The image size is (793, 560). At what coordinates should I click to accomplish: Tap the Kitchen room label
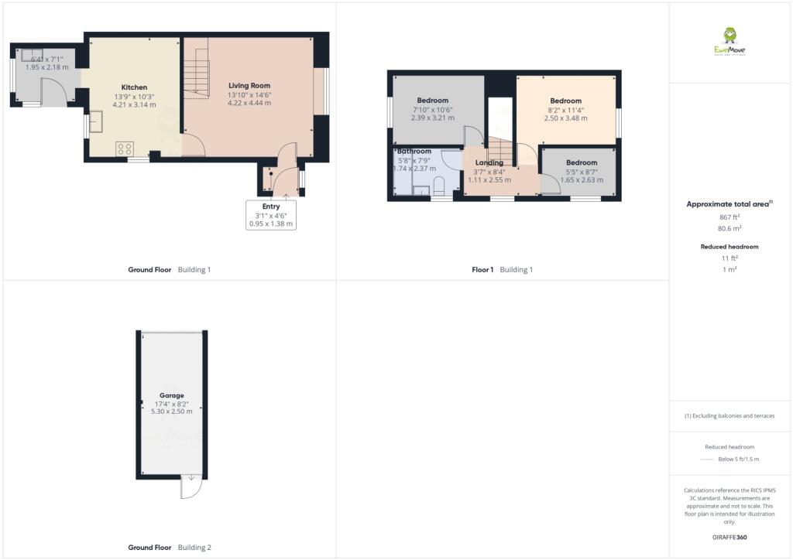click(134, 87)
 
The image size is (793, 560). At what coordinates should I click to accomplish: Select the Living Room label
click(249, 85)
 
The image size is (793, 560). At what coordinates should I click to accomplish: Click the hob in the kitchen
click(124, 149)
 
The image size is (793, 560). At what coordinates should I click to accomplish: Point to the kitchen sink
click(97, 122)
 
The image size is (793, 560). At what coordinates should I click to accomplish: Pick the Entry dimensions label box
click(271, 215)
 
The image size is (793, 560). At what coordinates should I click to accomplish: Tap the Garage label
click(171, 395)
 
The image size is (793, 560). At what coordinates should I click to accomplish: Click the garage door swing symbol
click(191, 487)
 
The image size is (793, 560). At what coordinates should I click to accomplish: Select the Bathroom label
click(414, 151)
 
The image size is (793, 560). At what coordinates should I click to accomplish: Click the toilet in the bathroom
click(438, 185)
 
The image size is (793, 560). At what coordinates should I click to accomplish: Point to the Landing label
click(489, 162)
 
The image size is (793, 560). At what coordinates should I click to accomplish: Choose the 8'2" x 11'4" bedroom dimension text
click(565, 110)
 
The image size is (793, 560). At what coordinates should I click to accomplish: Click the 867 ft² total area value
click(729, 217)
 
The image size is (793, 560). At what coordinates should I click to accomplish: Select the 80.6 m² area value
click(729, 229)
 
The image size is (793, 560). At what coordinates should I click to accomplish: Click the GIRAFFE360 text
click(729, 537)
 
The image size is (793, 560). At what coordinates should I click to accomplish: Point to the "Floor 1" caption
click(482, 270)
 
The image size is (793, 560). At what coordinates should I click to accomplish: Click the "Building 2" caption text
click(194, 548)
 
